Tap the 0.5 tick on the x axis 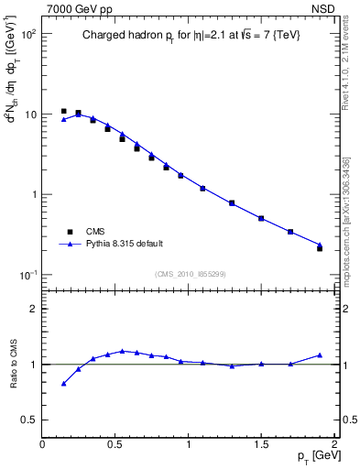[x=115, y=444]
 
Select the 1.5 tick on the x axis [x=261, y=444]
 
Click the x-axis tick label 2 [x=334, y=444]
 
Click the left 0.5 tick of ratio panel [x=30, y=420]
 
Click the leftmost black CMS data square [x=63, y=111]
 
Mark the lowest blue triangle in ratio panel [x=63, y=384]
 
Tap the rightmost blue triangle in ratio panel [x=320, y=354]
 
